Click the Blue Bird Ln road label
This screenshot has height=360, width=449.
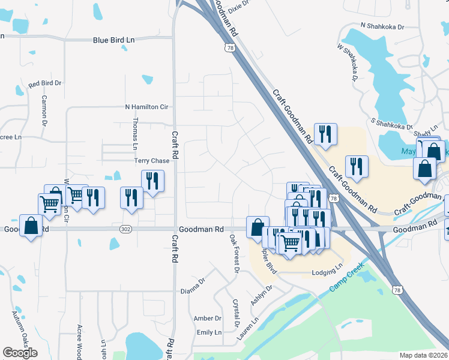coord(114,40)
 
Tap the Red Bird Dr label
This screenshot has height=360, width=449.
coord(45,84)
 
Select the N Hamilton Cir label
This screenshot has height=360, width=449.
coord(146,107)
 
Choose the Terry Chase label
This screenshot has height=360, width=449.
coord(152,161)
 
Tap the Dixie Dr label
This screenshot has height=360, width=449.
coord(238,5)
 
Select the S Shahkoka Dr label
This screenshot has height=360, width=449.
coord(393,124)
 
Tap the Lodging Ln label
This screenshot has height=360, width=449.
coord(327,273)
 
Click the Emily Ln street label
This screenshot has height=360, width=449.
coord(209,332)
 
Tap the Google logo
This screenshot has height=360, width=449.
coord(20,353)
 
